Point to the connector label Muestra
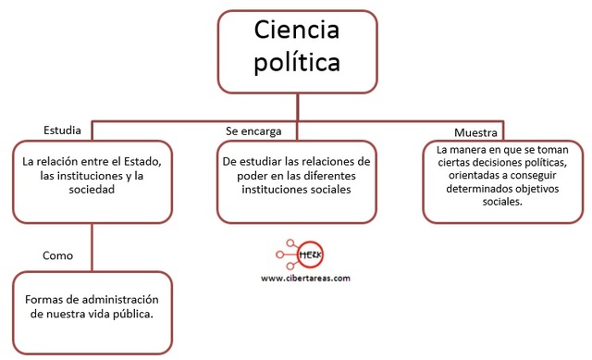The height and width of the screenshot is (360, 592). pyautogui.click(x=475, y=133)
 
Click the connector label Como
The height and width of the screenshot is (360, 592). pyautogui.click(x=58, y=254)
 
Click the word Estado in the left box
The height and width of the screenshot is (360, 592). pyautogui.click(x=141, y=161)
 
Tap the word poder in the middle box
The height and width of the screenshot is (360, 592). pyautogui.click(x=238, y=175)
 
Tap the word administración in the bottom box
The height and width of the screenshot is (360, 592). pyautogui.click(x=120, y=301)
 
